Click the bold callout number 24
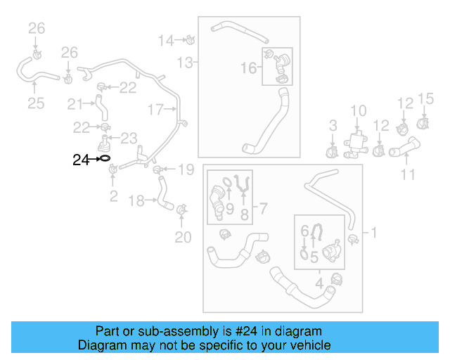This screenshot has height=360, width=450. pyautogui.click(x=82, y=160)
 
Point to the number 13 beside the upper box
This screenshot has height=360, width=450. pyautogui.click(x=184, y=63)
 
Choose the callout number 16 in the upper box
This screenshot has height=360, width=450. pyautogui.click(x=249, y=67)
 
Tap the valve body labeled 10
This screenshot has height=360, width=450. pyautogui.click(x=358, y=140)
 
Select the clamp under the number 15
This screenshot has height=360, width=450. pyautogui.click(x=424, y=124)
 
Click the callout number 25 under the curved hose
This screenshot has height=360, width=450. pyautogui.click(x=36, y=104)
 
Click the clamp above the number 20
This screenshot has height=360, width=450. pyautogui.click(x=183, y=210)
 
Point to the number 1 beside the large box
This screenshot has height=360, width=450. pyautogui.click(x=374, y=232)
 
